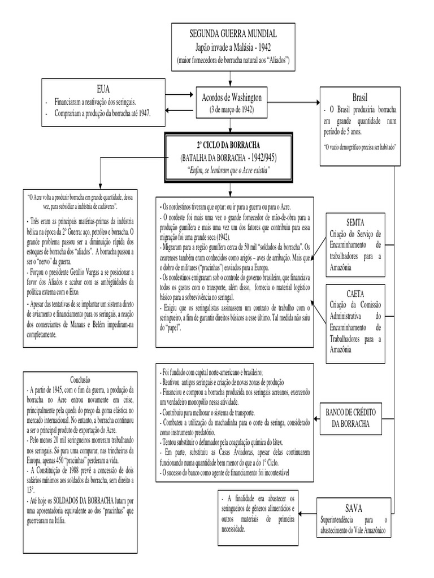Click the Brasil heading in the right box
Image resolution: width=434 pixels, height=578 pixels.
(x=359, y=97)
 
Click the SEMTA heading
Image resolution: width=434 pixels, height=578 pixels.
(x=354, y=222)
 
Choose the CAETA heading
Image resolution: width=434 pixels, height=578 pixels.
(x=354, y=294)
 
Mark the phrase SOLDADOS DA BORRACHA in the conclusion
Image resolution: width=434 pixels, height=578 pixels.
(x=83, y=500)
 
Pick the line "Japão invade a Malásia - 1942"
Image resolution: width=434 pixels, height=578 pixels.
(x=234, y=47)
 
